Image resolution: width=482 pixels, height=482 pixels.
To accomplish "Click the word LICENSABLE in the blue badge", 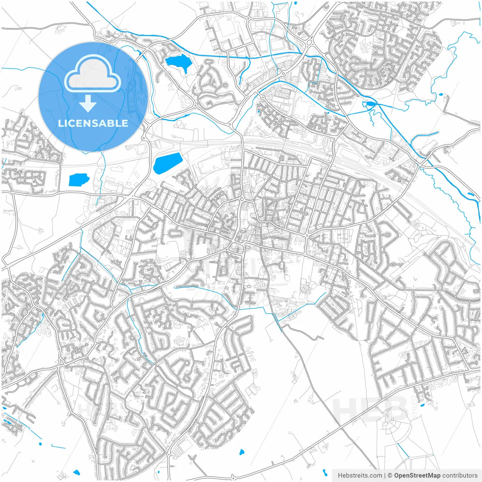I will [x=93, y=123].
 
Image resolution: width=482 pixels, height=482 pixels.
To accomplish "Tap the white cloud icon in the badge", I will [x=93, y=74].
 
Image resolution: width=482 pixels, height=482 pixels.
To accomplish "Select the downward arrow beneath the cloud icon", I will [x=88, y=103].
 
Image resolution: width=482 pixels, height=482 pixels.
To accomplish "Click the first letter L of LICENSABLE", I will [x=60, y=123].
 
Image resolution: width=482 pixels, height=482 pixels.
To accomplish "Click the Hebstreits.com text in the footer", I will [x=360, y=476].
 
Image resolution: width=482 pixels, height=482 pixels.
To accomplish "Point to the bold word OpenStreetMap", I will [x=417, y=476].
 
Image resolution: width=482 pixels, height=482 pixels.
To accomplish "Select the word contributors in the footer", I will [x=460, y=476].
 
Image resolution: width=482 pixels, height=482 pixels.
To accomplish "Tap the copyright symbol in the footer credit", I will [x=390, y=476].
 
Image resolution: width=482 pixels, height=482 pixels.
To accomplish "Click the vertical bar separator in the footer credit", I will [x=384, y=476].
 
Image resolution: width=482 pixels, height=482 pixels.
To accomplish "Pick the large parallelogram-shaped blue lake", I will [x=167, y=163].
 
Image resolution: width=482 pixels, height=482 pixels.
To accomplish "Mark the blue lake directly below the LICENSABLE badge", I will [x=78, y=180].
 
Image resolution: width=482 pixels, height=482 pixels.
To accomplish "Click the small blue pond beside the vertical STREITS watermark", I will [x=423, y=405].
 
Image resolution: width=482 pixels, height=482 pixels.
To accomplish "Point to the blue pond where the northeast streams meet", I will [x=369, y=104].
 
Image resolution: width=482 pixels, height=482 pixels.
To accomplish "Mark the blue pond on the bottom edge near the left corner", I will [x=77, y=472].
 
